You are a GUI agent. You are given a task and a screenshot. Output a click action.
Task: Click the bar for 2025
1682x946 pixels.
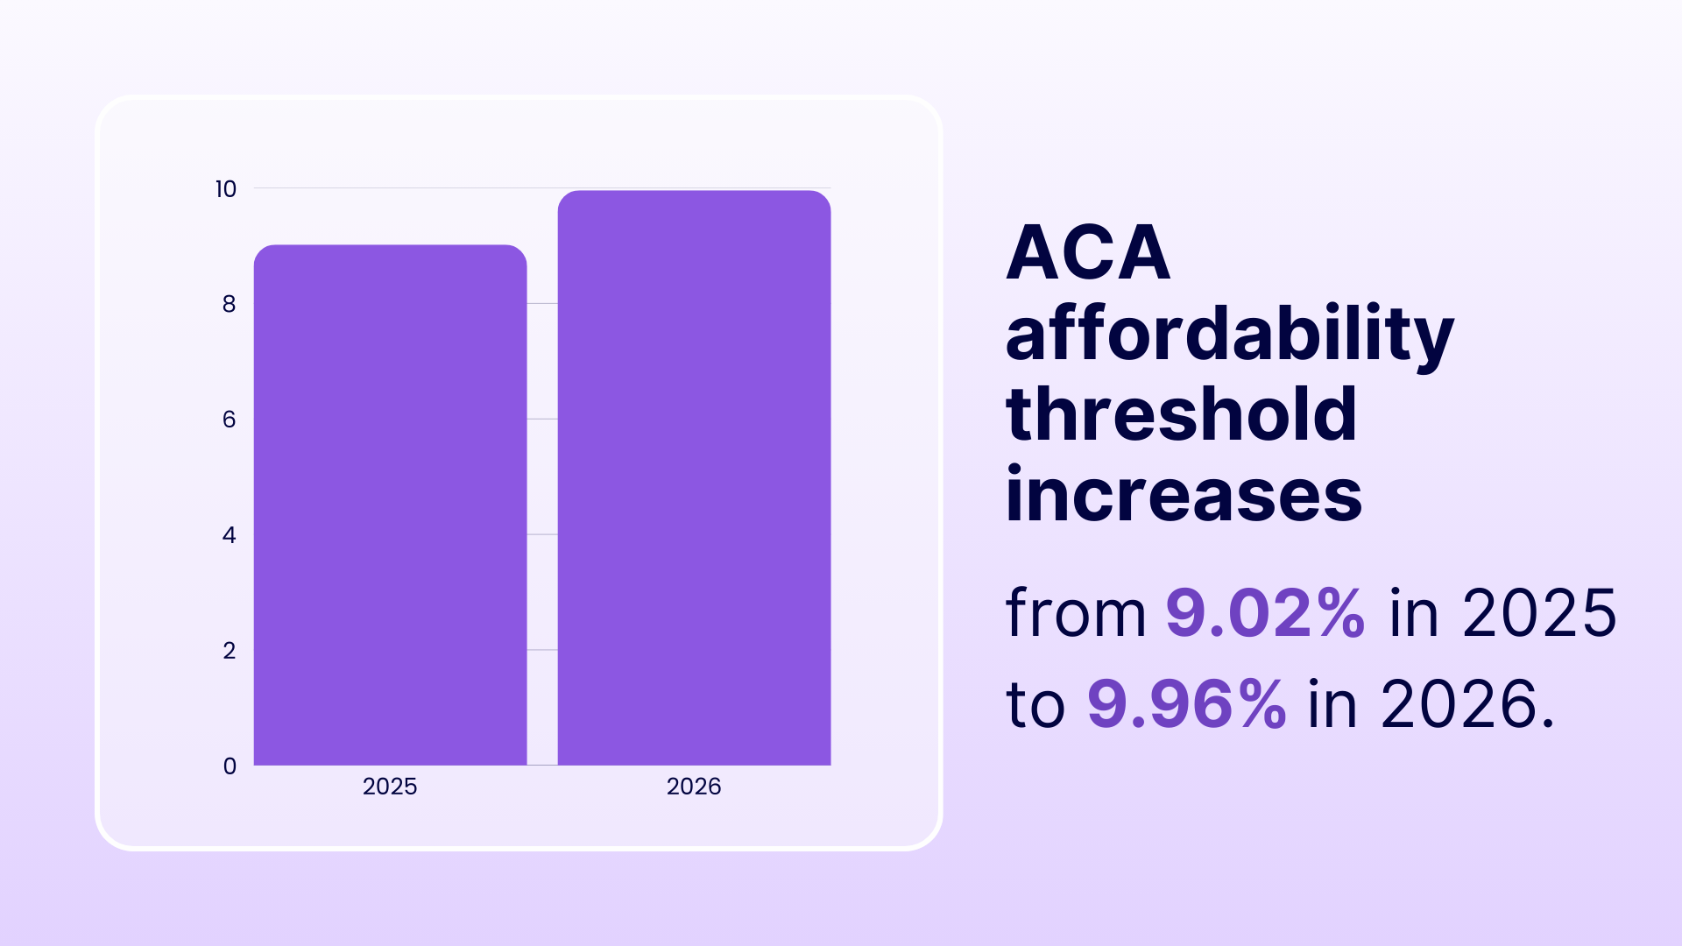(x=390, y=505)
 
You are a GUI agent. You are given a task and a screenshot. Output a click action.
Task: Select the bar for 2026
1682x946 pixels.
(x=694, y=477)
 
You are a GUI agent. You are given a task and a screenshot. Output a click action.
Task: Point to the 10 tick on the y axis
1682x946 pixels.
(x=226, y=189)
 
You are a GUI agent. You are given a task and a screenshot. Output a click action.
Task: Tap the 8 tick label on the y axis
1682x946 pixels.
(x=229, y=304)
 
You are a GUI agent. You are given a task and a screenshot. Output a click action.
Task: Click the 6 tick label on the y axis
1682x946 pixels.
(x=229, y=420)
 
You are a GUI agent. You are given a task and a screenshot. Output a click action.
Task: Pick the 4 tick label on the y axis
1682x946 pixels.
(x=229, y=535)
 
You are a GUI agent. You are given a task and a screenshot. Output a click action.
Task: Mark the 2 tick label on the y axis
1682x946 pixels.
(x=229, y=651)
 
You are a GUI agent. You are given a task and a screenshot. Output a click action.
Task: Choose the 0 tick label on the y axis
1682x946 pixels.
(x=230, y=766)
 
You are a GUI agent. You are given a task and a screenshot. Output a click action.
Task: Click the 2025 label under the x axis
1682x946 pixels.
(x=390, y=787)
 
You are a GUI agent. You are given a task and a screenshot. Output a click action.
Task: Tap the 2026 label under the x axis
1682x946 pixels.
(x=694, y=787)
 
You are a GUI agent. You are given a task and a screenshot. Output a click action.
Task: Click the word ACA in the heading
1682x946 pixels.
(x=1088, y=253)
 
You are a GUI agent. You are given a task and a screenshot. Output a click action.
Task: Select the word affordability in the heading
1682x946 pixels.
(x=1229, y=335)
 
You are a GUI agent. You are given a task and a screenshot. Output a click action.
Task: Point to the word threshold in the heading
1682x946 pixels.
(x=1181, y=415)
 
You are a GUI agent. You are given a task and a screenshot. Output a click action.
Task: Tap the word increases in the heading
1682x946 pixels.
(x=1184, y=496)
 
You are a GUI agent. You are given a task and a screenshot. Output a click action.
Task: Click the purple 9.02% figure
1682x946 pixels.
(x=1265, y=612)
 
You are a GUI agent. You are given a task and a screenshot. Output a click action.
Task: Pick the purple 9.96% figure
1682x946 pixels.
(x=1186, y=704)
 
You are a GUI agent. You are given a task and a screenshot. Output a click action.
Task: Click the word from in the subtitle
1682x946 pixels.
(x=1076, y=612)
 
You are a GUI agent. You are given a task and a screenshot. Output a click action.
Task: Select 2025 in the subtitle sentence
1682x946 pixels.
(x=1539, y=612)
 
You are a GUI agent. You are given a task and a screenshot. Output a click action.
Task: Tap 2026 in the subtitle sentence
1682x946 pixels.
(x=1459, y=704)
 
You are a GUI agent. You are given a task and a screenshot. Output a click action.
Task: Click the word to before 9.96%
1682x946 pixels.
(x=1035, y=704)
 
